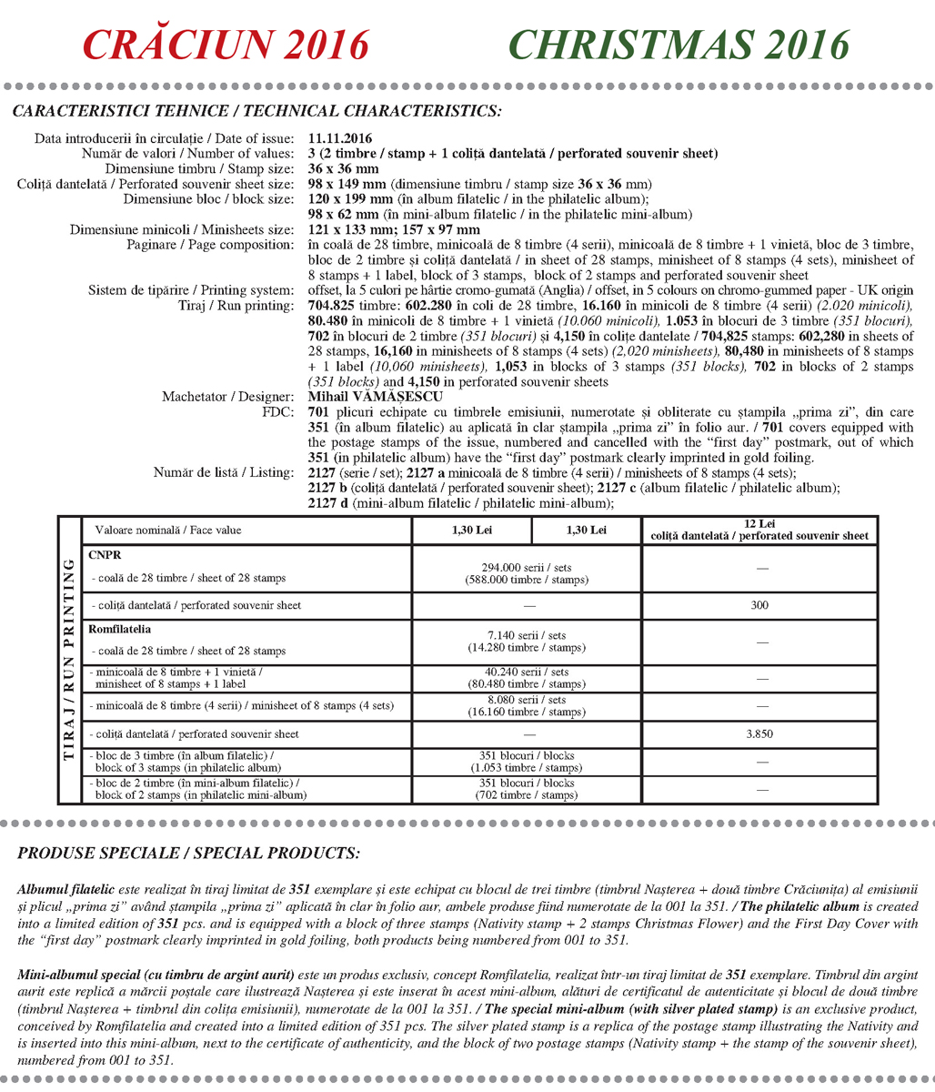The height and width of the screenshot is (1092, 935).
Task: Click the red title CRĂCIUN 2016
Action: [226, 45]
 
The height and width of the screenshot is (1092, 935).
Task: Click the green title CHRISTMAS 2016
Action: [679, 45]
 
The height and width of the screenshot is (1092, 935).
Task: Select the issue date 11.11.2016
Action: [340, 138]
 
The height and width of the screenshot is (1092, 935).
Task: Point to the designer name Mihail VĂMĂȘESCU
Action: [376, 397]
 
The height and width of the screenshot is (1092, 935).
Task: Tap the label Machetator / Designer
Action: [227, 397]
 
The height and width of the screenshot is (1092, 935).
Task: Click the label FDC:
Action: [277, 411]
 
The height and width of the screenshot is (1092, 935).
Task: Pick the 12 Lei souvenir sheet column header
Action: [759, 530]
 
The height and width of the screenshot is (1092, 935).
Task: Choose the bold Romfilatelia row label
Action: [120, 629]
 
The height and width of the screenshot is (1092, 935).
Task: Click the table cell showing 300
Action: [759, 605]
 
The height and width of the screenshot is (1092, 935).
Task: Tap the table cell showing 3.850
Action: [759, 733]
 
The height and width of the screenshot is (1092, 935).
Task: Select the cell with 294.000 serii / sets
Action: [527, 573]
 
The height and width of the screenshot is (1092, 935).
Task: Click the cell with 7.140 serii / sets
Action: [527, 644]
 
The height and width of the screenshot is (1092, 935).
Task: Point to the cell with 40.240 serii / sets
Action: [527, 678]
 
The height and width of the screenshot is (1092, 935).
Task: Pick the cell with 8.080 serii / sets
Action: [527, 706]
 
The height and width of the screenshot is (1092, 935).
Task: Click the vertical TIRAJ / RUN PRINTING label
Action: [69, 660]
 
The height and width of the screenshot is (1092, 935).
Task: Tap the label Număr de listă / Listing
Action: [224, 472]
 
